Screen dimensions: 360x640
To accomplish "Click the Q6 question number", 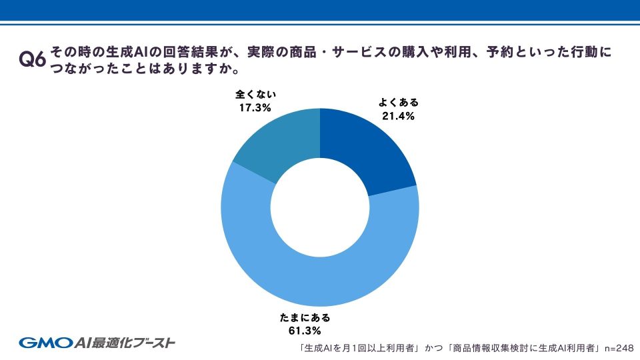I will [x=33, y=59].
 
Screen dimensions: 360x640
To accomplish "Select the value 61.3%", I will [x=305, y=330].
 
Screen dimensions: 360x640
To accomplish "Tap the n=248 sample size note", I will [x=618, y=348].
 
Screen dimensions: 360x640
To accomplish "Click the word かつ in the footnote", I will [x=434, y=348].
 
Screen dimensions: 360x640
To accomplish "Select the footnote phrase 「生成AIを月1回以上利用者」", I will [x=360, y=348].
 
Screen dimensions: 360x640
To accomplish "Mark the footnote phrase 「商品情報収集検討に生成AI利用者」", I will [x=524, y=348].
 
